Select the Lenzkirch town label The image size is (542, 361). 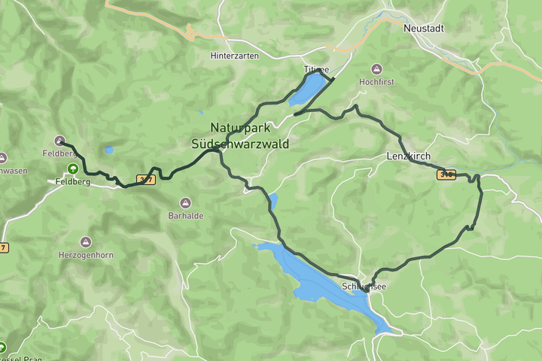click(407, 156)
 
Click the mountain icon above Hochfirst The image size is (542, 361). click(376, 68)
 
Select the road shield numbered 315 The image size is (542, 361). click(446, 174)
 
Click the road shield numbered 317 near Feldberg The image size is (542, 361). click(146, 179)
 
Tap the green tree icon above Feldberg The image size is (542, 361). click(72, 169)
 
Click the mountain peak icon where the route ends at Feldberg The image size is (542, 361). click(59, 141)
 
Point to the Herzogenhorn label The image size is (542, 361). click(86, 255)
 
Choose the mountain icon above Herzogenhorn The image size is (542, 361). click(86, 242)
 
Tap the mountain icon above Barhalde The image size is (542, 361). click(185, 202)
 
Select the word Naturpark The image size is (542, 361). click(240, 129)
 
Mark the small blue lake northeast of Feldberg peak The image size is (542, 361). click(109, 150)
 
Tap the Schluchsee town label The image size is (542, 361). click(366, 287)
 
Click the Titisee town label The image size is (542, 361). click(316, 69)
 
